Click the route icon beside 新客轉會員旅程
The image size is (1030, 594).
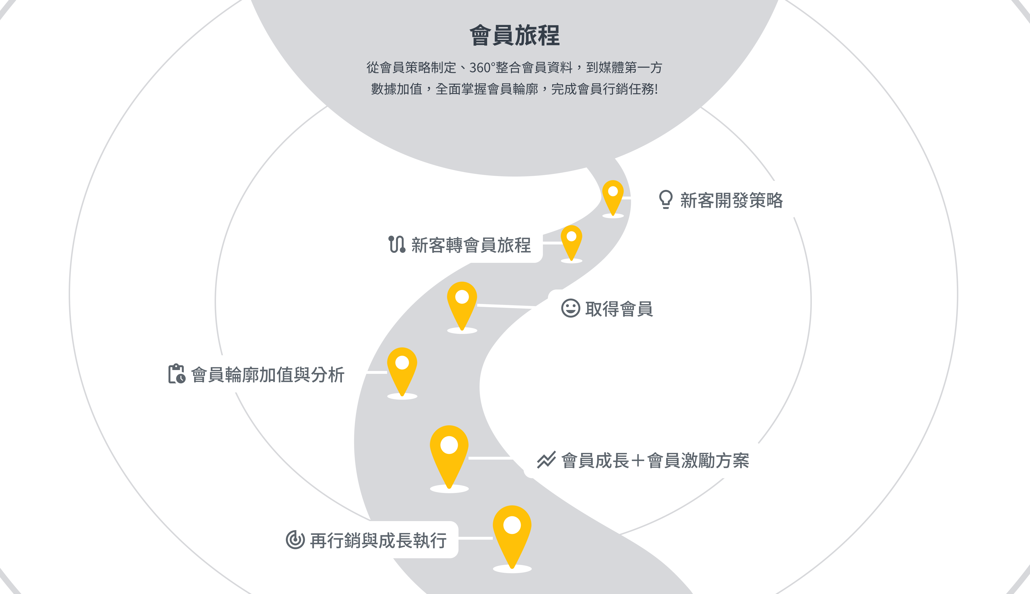[x=397, y=244]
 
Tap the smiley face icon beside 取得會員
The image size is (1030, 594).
[x=570, y=308]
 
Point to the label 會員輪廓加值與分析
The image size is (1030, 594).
[x=268, y=375]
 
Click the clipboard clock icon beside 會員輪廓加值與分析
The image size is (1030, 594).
[x=177, y=374]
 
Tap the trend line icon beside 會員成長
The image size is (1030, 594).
[x=546, y=460]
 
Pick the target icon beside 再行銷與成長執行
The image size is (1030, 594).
[x=295, y=540]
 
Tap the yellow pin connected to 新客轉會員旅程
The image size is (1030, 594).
[x=571, y=240]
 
